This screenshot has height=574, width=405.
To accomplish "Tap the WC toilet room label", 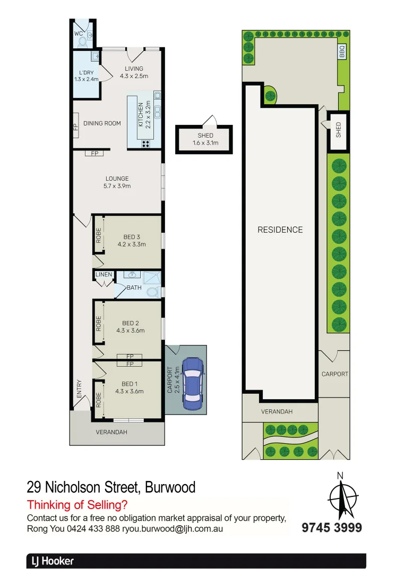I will coord(79,33).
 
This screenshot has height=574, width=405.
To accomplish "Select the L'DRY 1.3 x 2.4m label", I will coord(85,76).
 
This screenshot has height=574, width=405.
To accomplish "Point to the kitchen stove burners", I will coord(145,143).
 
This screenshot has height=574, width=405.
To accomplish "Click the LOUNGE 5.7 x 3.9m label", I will coord(117,182).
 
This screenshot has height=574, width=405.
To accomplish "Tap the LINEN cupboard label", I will coord(104,275).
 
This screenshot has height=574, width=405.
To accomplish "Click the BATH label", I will coord(134,288).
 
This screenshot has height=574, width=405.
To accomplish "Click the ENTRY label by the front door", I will coord(79,389).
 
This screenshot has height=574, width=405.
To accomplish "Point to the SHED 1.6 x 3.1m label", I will coord(205,139).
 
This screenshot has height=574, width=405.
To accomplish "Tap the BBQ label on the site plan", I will coord(342,52).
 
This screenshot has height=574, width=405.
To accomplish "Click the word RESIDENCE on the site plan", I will coord(280,230).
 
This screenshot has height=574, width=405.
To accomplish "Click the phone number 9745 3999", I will coord(332,528).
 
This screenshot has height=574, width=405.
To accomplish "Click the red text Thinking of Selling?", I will coord(77,505).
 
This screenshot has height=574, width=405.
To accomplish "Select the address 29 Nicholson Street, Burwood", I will coord(111,487).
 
